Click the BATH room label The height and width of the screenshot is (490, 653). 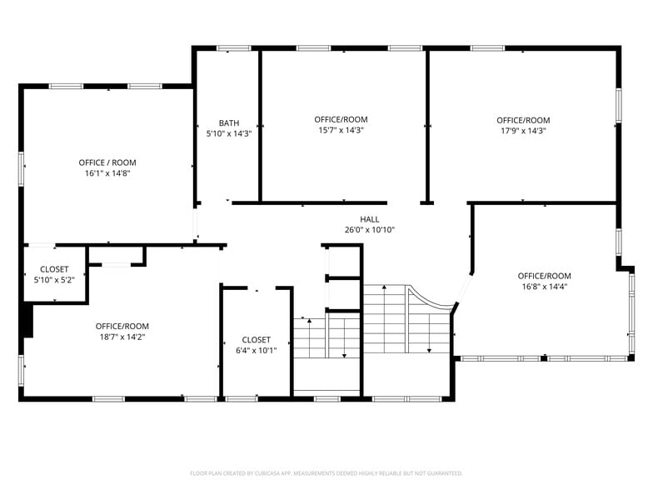(229, 122)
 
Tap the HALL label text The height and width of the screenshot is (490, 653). (370, 219)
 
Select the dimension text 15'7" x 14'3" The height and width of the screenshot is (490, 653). (341, 130)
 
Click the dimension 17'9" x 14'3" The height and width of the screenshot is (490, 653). (523, 130)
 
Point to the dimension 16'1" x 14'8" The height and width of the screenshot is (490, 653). (107, 173)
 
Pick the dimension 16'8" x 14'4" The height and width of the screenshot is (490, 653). (545, 287)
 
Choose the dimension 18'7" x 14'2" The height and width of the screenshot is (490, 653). (122, 337)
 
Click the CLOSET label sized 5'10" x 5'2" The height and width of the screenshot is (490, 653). (54, 269)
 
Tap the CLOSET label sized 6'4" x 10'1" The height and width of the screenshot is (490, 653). (256, 339)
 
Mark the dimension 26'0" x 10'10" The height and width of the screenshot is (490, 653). (370, 230)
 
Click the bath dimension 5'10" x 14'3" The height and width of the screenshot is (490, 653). (229, 133)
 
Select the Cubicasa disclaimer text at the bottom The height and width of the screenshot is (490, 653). (326, 472)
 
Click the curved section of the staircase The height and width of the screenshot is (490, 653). (433, 300)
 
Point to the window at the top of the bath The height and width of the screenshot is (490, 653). (234, 48)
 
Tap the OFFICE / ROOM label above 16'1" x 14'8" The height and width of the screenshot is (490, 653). (107, 162)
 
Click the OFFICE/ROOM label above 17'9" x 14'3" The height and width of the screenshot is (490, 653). (523, 120)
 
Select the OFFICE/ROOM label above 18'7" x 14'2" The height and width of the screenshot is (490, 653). (122, 326)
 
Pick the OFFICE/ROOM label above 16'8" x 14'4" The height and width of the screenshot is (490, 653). (545, 276)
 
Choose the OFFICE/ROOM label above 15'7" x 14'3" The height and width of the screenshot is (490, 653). (341, 120)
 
